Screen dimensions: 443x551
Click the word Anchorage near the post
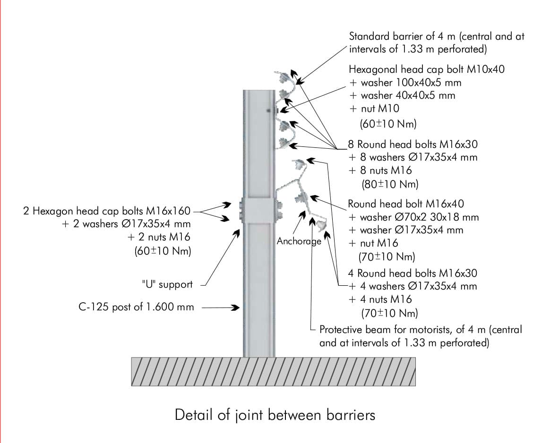point(299,241)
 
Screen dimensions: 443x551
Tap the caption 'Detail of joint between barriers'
point(275,415)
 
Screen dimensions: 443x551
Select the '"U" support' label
point(167,285)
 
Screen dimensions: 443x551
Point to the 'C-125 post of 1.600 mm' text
point(136,307)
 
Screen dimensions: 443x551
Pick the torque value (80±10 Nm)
point(390,184)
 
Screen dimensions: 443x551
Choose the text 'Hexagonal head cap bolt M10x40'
point(427,69)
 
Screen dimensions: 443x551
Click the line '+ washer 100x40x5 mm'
point(405,83)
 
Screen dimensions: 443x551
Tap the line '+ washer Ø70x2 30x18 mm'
point(413,217)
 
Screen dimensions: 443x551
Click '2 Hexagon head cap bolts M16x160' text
point(108,211)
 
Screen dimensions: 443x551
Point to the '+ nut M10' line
point(374,109)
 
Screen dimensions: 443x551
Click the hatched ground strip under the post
point(273,371)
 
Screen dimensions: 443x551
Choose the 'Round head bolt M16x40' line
point(406,204)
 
